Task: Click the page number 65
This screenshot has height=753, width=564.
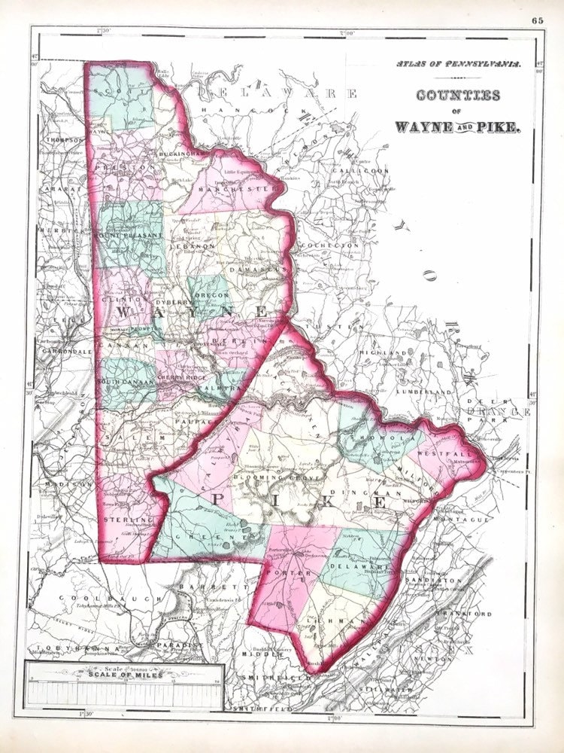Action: click(537, 20)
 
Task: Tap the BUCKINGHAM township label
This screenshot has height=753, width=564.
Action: click(179, 154)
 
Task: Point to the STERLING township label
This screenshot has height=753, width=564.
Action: click(124, 519)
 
